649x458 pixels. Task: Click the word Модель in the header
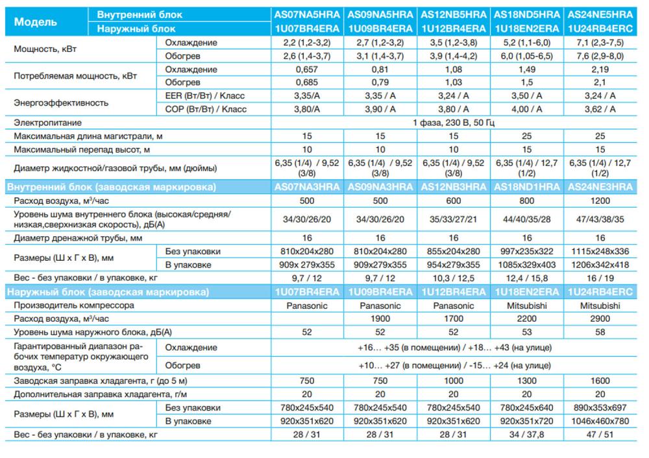pyautogui.click(x=36, y=21)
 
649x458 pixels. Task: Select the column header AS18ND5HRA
pyautogui.click(x=527, y=14)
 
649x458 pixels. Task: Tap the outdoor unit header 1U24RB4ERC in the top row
pyautogui.click(x=600, y=29)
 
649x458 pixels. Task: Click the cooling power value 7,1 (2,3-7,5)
pyautogui.click(x=600, y=43)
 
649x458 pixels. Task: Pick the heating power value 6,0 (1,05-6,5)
pyautogui.click(x=527, y=56)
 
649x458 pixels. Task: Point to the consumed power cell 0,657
pyautogui.click(x=308, y=69)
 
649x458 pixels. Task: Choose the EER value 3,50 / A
pyautogui.click(x=527, y=95)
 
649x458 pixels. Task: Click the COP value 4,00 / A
pyautogui.click(x=527, y=109)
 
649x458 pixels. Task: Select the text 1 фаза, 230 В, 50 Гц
pyautogui.click(x=454, y=122)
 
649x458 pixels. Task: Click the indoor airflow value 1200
pyautogui.click(x=600, y=201)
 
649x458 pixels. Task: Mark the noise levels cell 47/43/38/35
pyautogui.click(x=600, y=219)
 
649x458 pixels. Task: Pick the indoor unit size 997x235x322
pyautogui.click(x=527, y=251)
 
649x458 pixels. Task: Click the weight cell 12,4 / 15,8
pyautogui.click(x=527, y=278)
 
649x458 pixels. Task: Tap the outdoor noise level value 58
pyautogui.click(x=600, y=331)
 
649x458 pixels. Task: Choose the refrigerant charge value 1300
pyautogui.click(x=527, y=381)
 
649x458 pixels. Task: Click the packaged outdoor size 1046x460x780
pyautogui.click(x=600, y=421)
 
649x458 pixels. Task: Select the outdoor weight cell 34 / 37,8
pyautogui.click(x=527, y=435)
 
